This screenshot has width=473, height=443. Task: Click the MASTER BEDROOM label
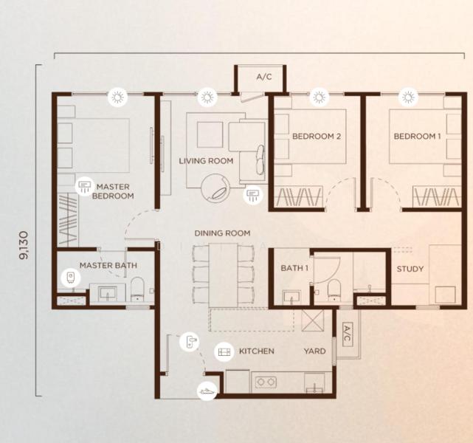coord(114,191)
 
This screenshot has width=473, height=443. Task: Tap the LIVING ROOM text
coord(206,160)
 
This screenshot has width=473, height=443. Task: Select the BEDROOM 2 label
coord(316,137)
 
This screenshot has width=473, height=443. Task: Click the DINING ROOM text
coord(222,233)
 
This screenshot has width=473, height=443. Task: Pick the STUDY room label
coord(410,269)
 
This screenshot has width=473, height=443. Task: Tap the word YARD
coord(315,351)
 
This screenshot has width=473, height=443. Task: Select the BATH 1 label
coord(294,268)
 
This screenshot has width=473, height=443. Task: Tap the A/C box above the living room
coord(263,77)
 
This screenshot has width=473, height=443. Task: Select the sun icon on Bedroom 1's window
coord(407,96)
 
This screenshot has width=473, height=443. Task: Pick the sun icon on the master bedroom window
coord(117,96)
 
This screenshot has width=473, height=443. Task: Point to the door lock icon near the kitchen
coord(189,340)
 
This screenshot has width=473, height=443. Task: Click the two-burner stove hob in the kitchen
coord(265,382)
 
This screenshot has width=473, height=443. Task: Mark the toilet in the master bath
coord(137,289)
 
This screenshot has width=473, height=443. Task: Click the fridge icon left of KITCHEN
coord(222,352)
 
